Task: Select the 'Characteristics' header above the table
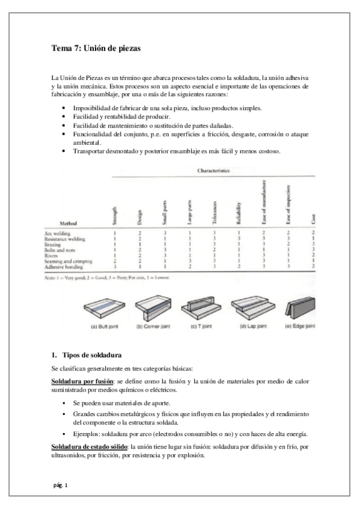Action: coord(215,171)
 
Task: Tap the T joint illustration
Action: coord(205,310)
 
